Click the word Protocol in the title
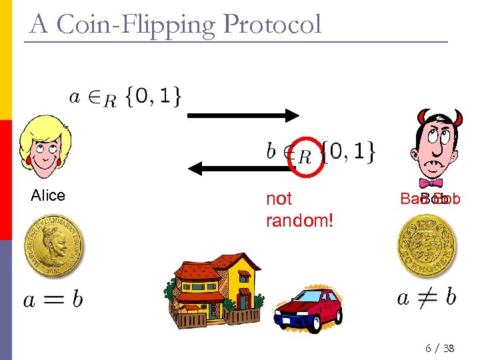coord(273,25)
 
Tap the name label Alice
coord(48,195)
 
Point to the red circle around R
coord(307,157)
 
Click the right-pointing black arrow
coord(243,117)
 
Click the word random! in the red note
coord(299,220)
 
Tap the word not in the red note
coord(279,199)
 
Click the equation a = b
coord(53,300)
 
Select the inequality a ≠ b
coord(426,297)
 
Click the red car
coord(309,310)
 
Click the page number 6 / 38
coord(439,349)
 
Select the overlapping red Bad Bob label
coord(430,199)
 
